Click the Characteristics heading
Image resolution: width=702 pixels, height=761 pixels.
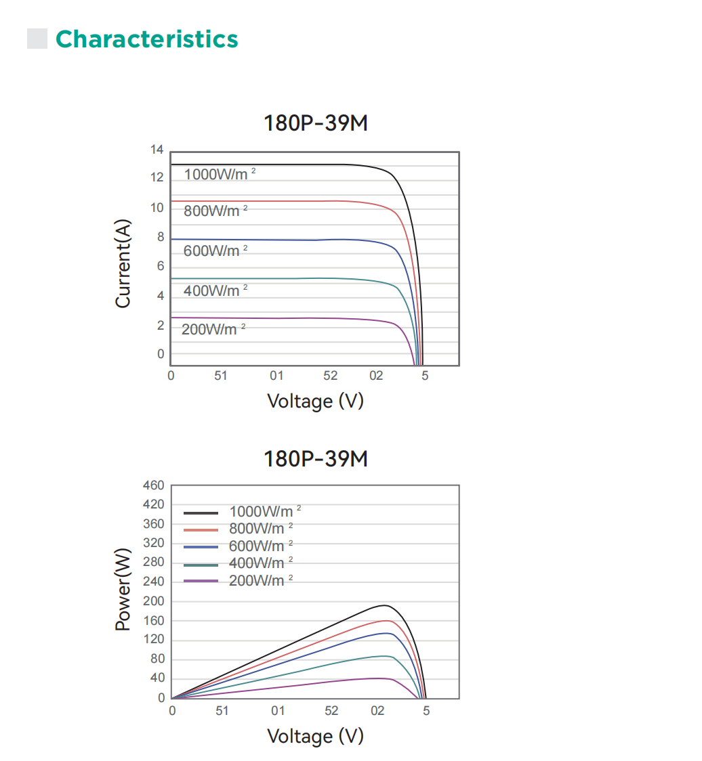(146, 39)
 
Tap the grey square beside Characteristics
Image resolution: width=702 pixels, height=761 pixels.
(37, 39)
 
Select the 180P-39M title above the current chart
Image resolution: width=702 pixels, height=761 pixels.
(316, 124)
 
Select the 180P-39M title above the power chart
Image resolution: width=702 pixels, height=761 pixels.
(316, 459)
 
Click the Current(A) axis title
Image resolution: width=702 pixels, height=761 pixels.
(123, 264)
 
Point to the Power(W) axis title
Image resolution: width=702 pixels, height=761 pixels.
(123, 590)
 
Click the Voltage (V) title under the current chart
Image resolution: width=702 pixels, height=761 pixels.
(315, 401)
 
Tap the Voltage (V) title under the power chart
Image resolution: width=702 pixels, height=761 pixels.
(315, 736)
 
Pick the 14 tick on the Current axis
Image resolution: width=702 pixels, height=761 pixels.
(157, 150)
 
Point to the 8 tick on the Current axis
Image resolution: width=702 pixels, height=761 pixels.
(161, 237)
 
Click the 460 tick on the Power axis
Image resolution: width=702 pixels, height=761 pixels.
(154, 485)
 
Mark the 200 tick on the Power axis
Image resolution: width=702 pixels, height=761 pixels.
(154, 602)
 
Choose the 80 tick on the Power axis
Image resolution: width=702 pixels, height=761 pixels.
(157, 659)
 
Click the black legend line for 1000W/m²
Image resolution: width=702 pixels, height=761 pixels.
(201, 513)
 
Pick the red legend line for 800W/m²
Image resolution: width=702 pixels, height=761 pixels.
(201, 529)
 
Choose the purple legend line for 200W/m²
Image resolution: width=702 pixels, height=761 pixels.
(201, 581)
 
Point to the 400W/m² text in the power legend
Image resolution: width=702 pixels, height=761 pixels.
(257, 563)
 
